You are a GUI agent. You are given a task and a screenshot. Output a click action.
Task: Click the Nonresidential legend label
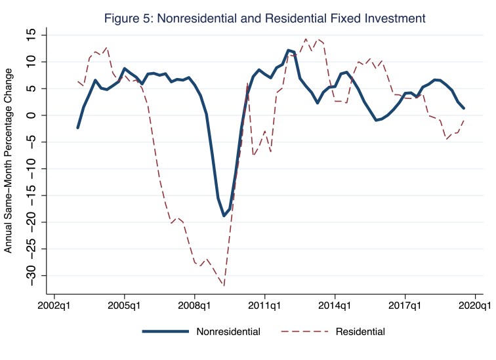pos(228,331)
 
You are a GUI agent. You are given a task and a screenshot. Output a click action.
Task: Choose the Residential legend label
pos(360,331)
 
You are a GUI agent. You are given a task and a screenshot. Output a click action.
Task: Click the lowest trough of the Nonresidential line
pos(224,216)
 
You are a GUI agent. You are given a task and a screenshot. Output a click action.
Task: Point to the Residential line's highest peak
pos(306,39)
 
